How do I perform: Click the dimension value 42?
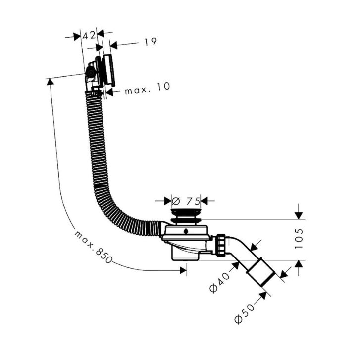click(x=89, y=35)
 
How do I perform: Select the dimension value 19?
click(x=151, y=42)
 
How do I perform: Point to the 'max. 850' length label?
click(x=93, y=247)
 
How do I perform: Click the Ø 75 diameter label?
click(x=186, y=202)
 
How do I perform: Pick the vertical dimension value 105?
click(x=299, y=239)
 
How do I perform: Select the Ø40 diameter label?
click(x=220, y=282)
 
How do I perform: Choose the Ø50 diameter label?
click(x=245, y=313)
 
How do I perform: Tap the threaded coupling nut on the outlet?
click(x=221, y=245)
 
